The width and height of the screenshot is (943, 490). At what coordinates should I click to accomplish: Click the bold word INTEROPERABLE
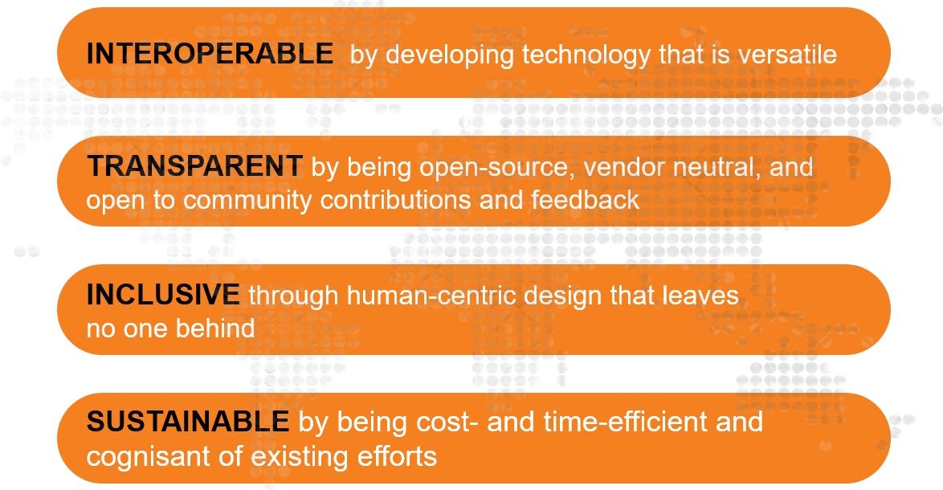coord(210,54)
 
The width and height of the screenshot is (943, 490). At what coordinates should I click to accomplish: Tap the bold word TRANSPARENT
coord(194,166)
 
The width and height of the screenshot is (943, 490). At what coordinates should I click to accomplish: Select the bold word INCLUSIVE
coord(163,295)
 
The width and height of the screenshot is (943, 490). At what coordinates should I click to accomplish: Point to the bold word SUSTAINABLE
coord(188,421)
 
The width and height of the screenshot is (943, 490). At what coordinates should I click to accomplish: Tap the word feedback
coord(586,199)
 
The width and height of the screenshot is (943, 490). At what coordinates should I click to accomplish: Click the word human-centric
coord(431,295)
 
